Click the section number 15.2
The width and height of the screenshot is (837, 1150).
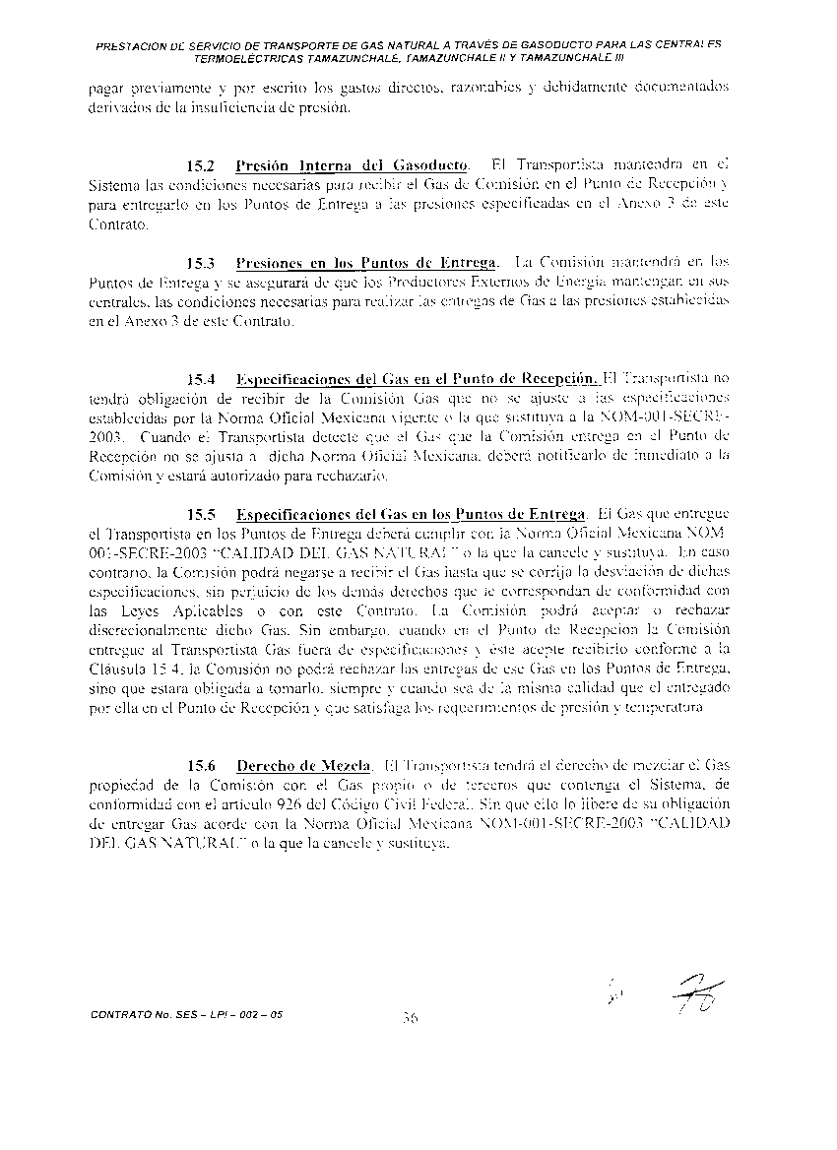[x=201, y=163]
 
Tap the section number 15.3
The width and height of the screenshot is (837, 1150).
[x=201, y=263]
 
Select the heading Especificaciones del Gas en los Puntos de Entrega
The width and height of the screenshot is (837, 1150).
[x=411, y=514]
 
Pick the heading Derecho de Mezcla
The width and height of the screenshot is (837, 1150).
[x=303, y=765]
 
